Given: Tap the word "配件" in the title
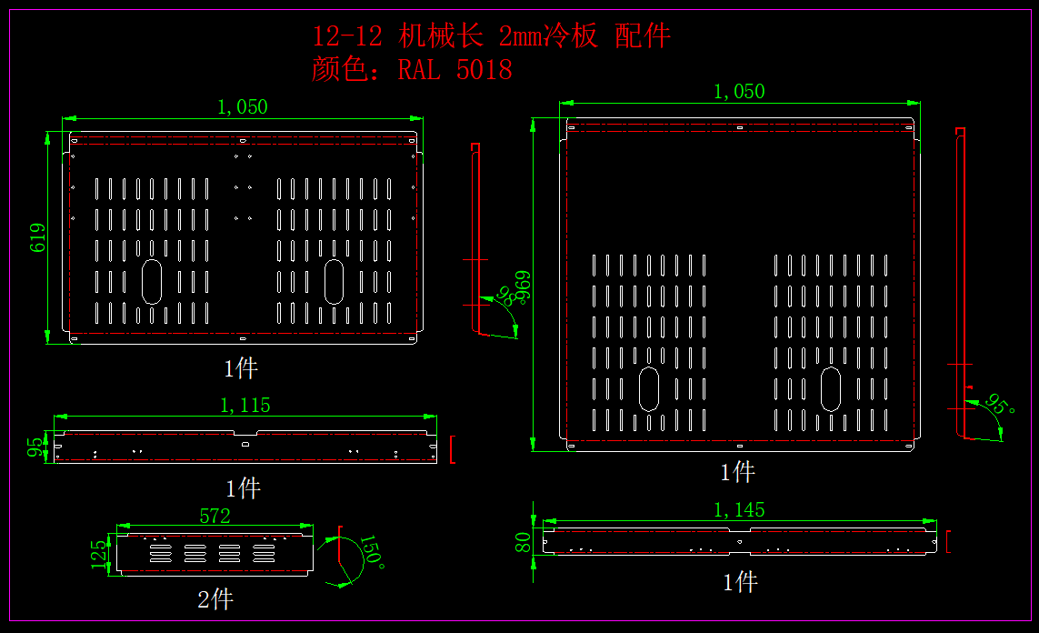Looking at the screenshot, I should pyautogui.click(x=643, y=36).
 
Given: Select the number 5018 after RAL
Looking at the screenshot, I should pyautogui.click(x=484, y=70).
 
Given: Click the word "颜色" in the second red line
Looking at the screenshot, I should pyautogui.click(x=338, y=70).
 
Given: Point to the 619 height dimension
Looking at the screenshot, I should pyautogui.click(x=38, y=237).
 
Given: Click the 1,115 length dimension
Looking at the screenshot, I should pyautogui.click(x=245, y=406).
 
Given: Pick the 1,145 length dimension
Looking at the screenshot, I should pyautogui.click(x=739, y=510).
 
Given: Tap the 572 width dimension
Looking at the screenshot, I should pyautogui.click(x=215, y=517).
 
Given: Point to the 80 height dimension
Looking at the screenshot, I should pyautogui.click(x=524, y=543).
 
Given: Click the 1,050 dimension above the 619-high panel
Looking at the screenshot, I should pyautogui.click(x=242, y=107).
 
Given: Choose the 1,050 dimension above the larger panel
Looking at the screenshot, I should pyautogui.click(x=739, y=92).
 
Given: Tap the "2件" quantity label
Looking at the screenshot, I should pyautogui.click(x=215, y=600).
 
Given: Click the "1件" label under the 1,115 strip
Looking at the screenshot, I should pyautogui.click(x=243, y=488).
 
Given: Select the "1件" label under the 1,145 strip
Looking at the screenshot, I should pyautogui.click(x=740, y=582).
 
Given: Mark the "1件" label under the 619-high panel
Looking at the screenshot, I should pyautogui.click(x=241, y=368).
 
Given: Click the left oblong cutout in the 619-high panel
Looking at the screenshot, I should pyautogui.click(x=152, y=281).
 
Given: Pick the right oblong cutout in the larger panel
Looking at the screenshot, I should pyautogui.click(x=831, y=389).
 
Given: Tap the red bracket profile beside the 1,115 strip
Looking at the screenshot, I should pyautogui.click(x=452, y=449).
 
